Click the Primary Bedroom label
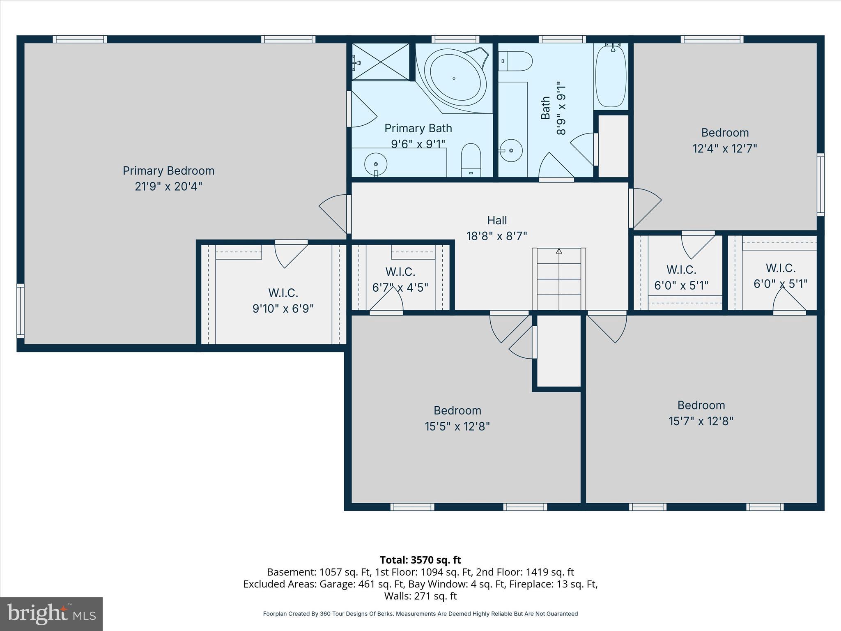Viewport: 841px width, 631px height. tap(168, 170)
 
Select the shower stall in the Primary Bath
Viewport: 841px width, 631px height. tap(381, 62)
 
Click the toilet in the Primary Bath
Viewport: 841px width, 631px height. tap(471, 160)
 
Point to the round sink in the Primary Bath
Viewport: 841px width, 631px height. tap(376, 164)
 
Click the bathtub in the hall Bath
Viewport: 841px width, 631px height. tap(611, 76)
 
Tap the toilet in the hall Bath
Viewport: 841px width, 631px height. tap(516, 61)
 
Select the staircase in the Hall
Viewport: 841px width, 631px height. tap(559, 280)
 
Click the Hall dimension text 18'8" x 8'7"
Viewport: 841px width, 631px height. tap(496, 236)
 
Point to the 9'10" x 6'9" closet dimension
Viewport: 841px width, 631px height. tap(283, 309)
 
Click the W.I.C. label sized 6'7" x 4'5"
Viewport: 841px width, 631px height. tap(400, 272)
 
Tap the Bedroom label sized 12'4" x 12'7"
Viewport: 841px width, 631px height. tap(725, 133)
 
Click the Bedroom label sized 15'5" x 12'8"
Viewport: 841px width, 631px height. tap(457, 410)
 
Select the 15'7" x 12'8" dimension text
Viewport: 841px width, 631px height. tap(701, 421)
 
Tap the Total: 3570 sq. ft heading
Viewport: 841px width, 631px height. tap(420, 560)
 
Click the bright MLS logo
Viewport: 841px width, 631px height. tap(51, 614)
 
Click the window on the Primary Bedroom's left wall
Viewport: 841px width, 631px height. tap(20, 311)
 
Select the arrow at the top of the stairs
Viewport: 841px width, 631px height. tap(559, 251)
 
